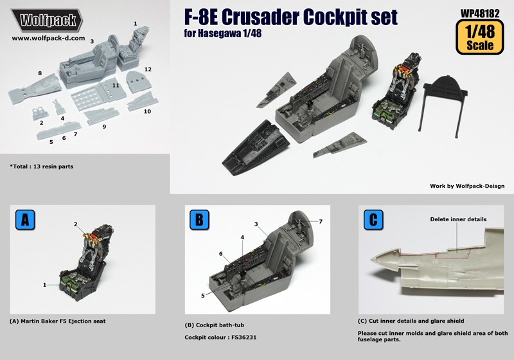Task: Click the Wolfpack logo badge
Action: tap(46, 21)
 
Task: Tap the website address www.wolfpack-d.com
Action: tap(49, 38)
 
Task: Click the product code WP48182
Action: tap(480, 13)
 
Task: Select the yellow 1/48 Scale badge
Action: tap(480, 37)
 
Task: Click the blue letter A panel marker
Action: tap(25, 220)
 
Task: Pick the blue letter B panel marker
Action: tap(199, 220)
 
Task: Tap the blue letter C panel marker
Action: tap(373, 220)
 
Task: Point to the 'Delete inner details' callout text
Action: tap(458, 219)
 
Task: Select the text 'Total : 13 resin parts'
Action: tap(43, 166)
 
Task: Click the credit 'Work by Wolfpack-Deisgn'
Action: tap(467, 186)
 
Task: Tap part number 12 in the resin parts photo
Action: tap(148, 69)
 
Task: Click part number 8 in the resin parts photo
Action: tap(40, 73)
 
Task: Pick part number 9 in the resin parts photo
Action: tap(104, 127)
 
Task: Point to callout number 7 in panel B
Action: tap(321, 222)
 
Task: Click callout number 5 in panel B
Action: tap(203, 296)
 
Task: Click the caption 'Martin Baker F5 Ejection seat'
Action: tap(63, 321)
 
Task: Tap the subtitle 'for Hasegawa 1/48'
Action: tap(223, 33)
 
